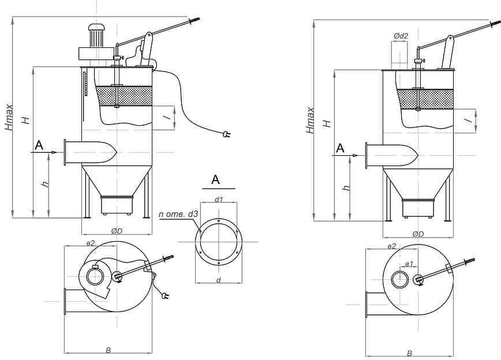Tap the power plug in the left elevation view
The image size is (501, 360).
[x=227, y=134]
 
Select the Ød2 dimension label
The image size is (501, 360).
[x=401, y=36]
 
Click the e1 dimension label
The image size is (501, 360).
[x=410, y=264]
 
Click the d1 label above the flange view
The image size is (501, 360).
[x=219, y=200]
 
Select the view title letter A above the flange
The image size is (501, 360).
[x=216, y=180]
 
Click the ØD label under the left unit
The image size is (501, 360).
[x=117, y=231]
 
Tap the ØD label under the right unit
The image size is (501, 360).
[x=418, y=234]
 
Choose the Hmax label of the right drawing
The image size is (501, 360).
[x=312, y=123]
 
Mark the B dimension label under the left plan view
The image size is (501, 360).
[x=108, y=350]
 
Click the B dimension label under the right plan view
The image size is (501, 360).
[x=409, y=353]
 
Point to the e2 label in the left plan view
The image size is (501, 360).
[x=90, y=244]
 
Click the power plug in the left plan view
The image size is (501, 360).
[x=166, y=296]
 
